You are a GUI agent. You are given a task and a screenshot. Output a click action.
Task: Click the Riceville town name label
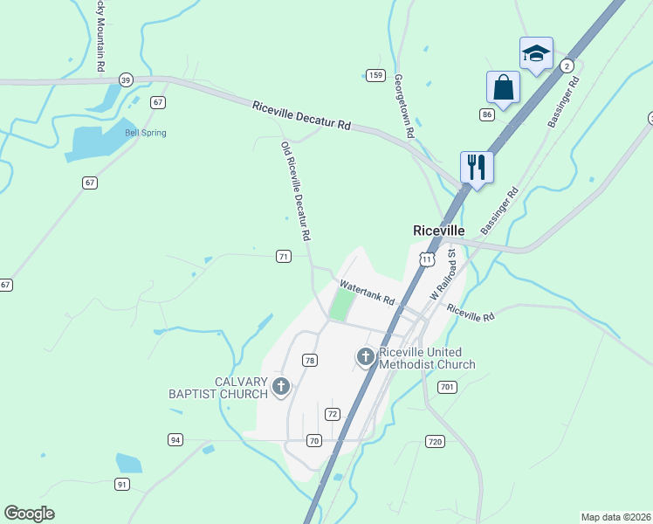[x=438, y=230]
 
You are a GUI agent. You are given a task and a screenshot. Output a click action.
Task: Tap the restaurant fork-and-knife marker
[x=477, y=166]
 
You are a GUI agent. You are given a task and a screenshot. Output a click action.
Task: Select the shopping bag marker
[x=503, y=86]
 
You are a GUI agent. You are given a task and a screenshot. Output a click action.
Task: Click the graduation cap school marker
[x=536, y=53]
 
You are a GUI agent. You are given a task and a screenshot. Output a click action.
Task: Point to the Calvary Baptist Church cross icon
[x=280, y=385]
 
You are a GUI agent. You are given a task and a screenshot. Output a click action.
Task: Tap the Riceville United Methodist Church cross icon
[x=365, y=356]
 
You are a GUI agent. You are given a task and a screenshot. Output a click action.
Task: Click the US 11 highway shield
[x=426, y=259]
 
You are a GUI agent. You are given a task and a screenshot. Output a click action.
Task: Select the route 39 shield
[x=126, y=79]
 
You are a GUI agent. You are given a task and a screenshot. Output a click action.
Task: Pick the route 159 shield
[x=375, y=75]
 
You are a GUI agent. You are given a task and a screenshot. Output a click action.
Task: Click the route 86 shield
[x=487, y=114]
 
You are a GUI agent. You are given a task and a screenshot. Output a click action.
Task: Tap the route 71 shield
[x=283, y=256]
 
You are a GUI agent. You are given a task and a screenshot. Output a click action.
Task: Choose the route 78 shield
[x=309, y=360]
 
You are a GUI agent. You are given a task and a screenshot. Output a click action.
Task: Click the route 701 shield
[x=447, y=387]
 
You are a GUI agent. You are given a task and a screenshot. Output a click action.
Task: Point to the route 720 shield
[x=435, y=442]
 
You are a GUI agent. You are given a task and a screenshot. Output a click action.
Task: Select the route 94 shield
[x=175, y=439]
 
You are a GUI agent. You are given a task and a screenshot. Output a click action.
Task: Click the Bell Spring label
[x=145, y=133]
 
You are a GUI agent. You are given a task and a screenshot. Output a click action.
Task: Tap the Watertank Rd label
[x=368, y=293]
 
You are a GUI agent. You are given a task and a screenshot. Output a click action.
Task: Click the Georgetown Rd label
[x=402, y=106]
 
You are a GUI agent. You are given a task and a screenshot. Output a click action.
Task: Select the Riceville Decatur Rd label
[x=301, y=117]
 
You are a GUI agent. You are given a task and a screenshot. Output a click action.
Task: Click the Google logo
[x=30, y=514]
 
